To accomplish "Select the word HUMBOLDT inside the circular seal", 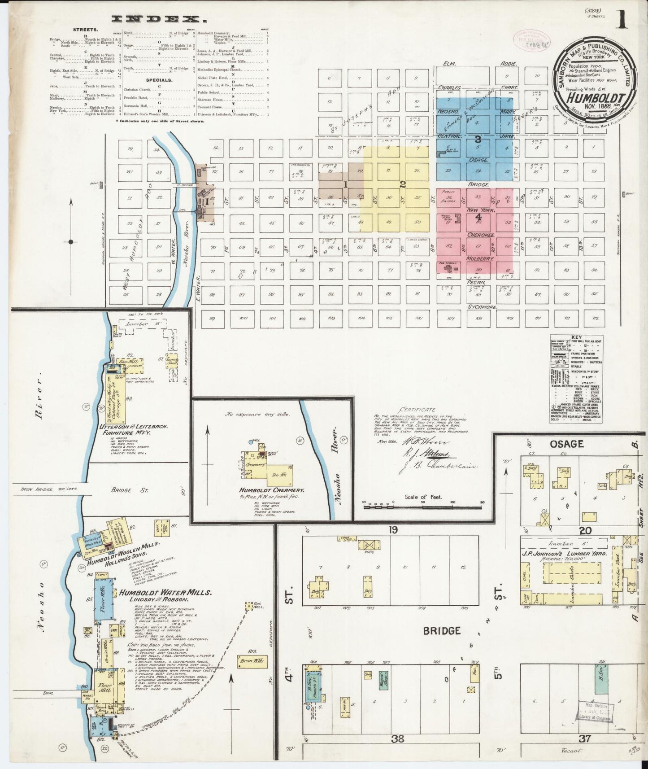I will click(594, 98).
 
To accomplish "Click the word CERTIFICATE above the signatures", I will click(419, 410).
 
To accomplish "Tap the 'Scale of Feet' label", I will click(423, 497).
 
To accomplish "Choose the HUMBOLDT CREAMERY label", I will click(272, 491).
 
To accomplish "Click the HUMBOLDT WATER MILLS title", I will click(165, 592).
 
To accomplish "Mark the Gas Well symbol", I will click(247, 606).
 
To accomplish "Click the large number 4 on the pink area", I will click(478, 217).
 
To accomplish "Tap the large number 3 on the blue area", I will click(478, 140).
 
